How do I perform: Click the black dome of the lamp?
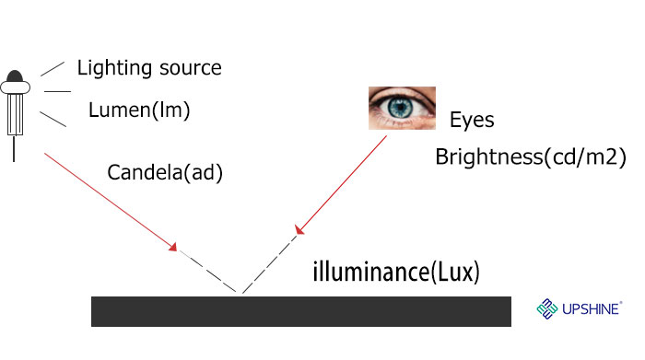(x=15, y=75)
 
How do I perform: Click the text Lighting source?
(x=149, y=68)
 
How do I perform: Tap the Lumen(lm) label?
(x=139, y=111)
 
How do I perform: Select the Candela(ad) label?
(x=165, y=172)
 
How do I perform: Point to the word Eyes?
(x=472, y=121)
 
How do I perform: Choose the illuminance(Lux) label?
(x=396, y=273)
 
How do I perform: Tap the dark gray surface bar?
(x=300, y=311)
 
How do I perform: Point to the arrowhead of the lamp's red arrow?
(x=173, y=249)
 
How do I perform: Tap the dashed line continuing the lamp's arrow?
(x=209, y=272)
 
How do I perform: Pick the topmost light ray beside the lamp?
(x=53, y=69)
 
